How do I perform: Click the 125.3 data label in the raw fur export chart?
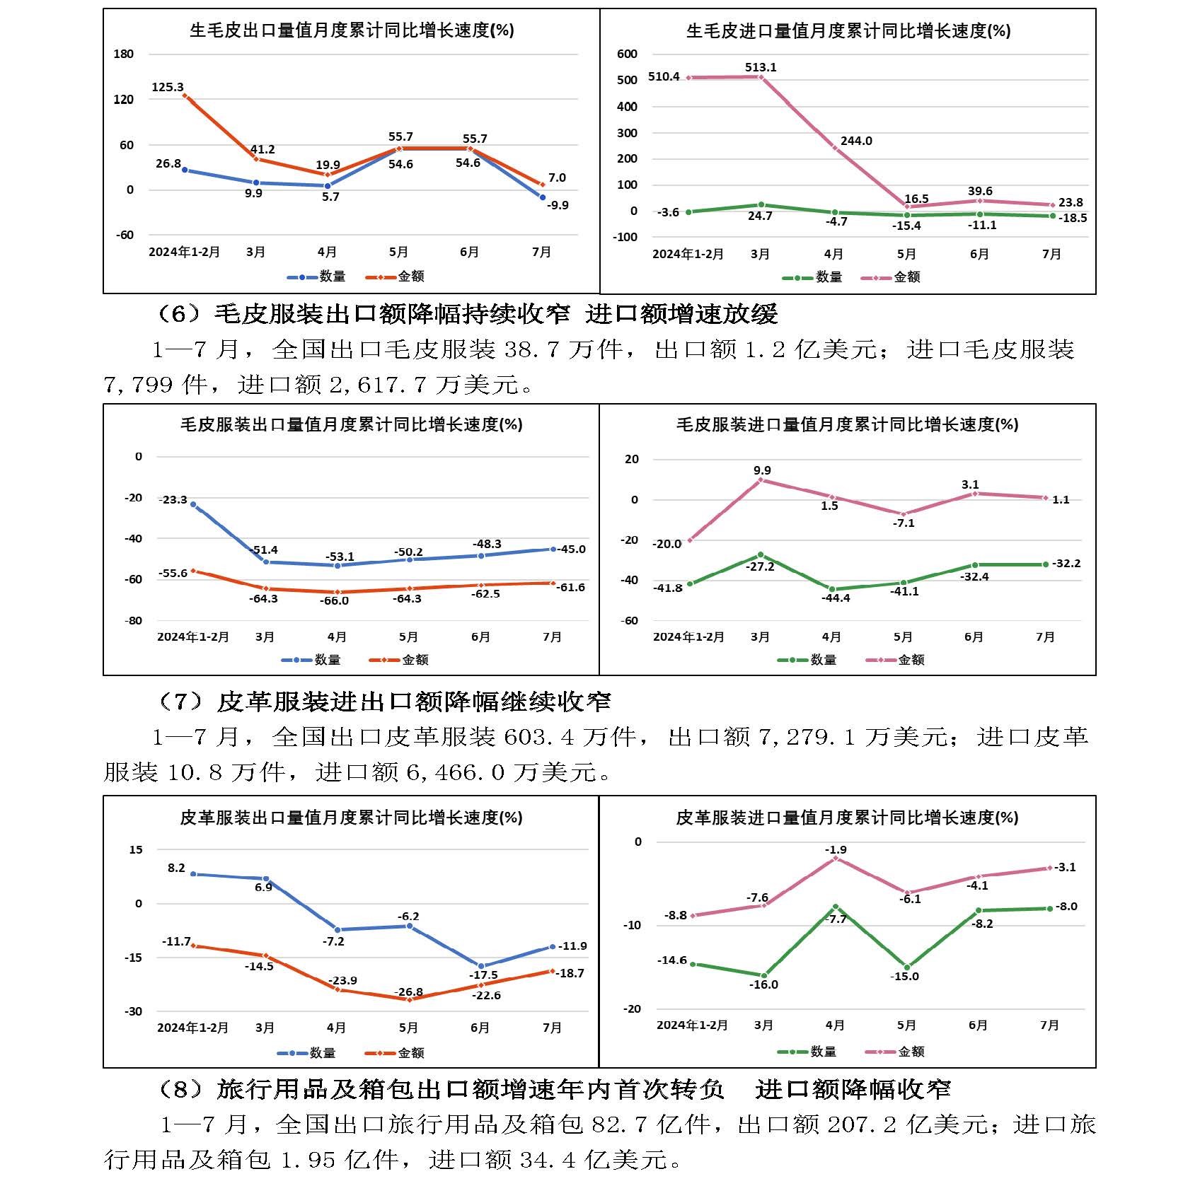click(168, 88)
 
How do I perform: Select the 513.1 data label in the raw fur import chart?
click(761, 67)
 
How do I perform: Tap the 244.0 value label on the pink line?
click(856, 141)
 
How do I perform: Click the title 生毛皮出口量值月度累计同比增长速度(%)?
click(352, 30)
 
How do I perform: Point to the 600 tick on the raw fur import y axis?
click(628, 54)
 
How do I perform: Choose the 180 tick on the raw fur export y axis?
click(124, 54)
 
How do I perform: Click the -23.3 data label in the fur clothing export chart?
click(173, 500)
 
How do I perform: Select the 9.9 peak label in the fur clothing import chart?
click(762, 470)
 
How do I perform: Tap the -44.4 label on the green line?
click(836, 598)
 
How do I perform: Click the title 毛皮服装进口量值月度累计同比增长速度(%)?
click(847, 424)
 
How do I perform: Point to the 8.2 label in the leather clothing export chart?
click(176, 868)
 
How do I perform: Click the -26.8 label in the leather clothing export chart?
click(409, 992)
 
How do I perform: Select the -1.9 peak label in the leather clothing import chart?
click(836, 849)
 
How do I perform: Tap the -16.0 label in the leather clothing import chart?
click(764, 984)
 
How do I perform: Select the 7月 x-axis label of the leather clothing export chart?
click(552, 1028)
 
